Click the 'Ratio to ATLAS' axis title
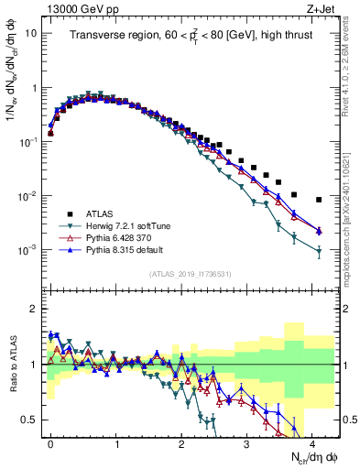13,365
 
